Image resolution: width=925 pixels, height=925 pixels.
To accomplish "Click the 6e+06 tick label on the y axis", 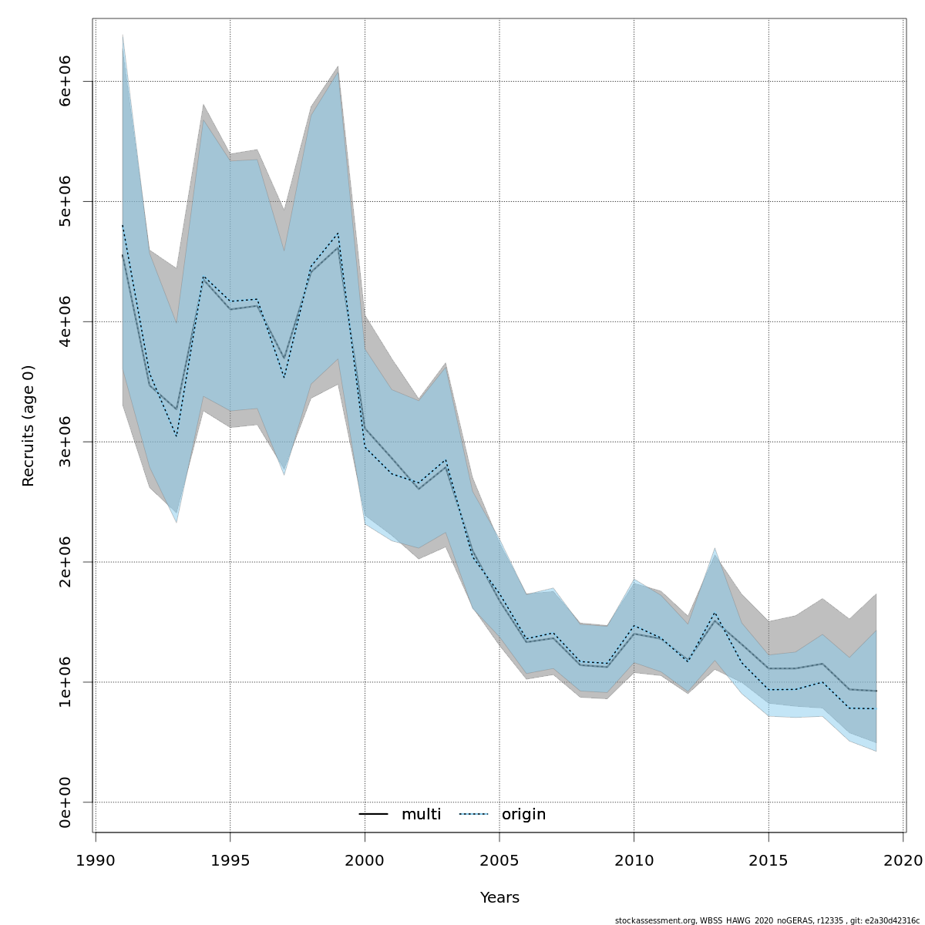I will coord(66,81).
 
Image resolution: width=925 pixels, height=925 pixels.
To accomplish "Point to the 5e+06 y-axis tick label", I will coord(66,201).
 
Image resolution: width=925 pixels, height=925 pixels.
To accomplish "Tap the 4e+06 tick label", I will coord(66,321).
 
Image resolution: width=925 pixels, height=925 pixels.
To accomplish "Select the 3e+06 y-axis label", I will coord(66,442).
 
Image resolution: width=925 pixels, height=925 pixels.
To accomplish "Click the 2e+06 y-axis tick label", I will coord(66,562).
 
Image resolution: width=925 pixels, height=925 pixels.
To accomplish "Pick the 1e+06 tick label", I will coord(66,682).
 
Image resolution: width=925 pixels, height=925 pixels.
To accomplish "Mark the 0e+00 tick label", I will coord(66,802).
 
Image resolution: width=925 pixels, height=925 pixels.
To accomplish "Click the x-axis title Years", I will coord(499,898).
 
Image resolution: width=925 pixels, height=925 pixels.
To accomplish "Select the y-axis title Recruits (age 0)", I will coord(29,425).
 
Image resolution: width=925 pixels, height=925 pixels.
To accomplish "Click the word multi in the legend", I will coord(421,815).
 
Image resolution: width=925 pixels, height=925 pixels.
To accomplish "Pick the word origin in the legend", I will coord(523,815).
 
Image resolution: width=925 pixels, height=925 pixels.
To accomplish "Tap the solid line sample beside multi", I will coord(373,815).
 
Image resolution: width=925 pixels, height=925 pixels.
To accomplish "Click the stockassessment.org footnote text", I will coord(767,920).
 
